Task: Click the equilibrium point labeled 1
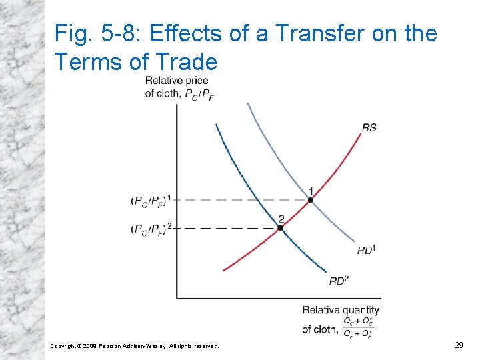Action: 310,199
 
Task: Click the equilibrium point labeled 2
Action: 281,227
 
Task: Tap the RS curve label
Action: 369,127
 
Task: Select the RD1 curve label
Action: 366,250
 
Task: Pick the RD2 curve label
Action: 339,281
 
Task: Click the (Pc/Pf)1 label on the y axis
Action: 151,199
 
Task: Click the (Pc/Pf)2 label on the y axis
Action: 151,228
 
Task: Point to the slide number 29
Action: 459,345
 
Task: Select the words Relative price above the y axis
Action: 177,81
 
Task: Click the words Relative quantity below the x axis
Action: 341,309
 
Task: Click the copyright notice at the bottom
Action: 134,345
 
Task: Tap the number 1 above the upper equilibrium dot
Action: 311,190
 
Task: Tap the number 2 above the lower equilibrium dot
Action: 281,218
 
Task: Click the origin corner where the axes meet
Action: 177,298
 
